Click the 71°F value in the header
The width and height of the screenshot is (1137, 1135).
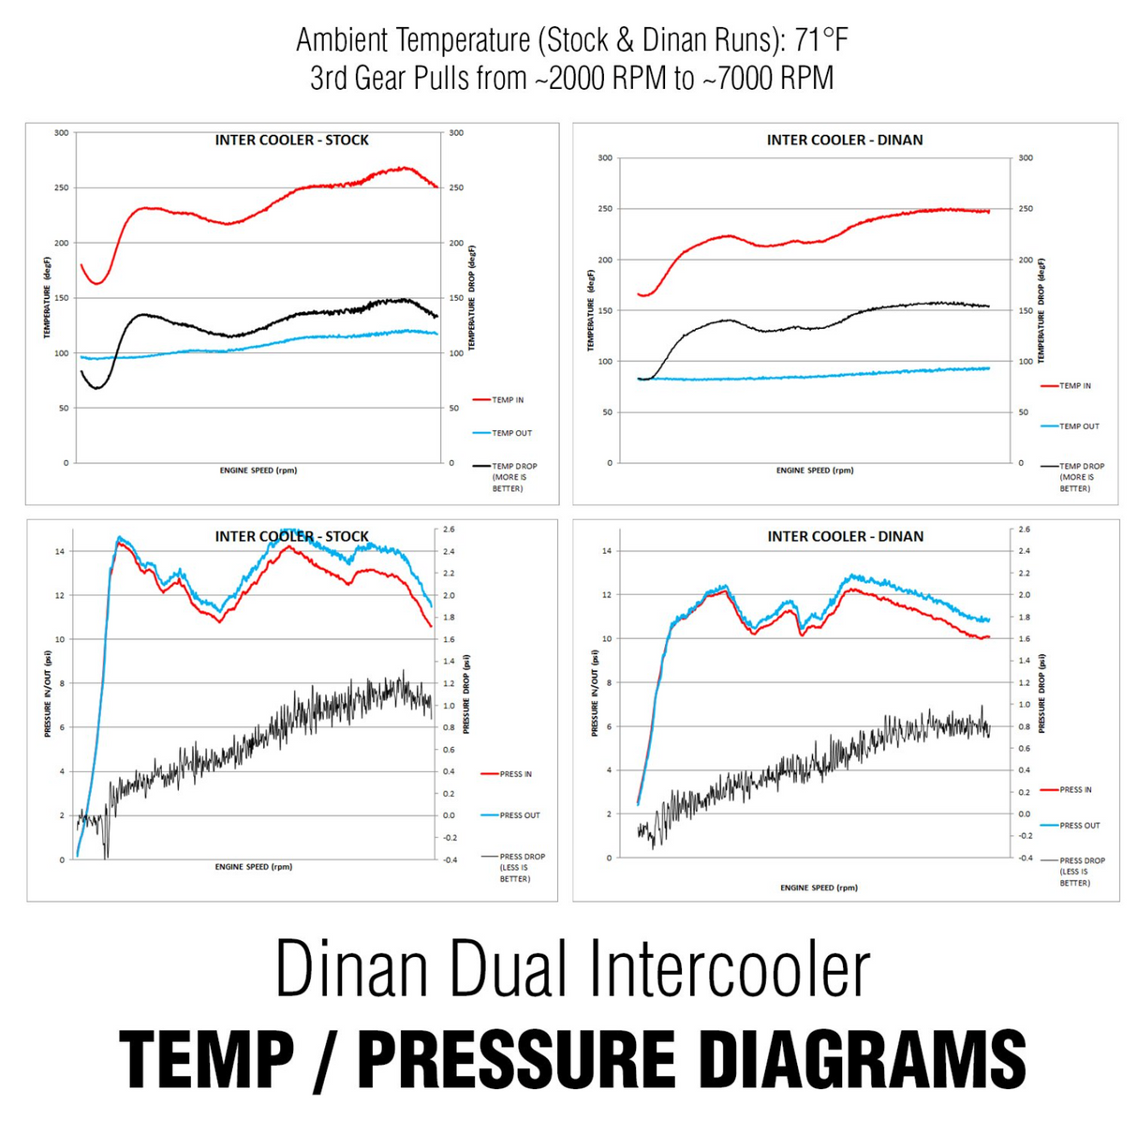click(x=820, y=40)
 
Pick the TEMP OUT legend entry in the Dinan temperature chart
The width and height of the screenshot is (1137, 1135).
click(x=1071, y=426)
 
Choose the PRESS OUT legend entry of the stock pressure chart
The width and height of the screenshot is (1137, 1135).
click(x=511, y=815)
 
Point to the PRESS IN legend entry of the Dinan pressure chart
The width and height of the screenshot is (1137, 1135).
click(x=1066, y=789)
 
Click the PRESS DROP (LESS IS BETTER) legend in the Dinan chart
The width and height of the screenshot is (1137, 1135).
click(x=1073, y=872)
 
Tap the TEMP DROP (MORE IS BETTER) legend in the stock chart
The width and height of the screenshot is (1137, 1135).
click(x=505, y=477)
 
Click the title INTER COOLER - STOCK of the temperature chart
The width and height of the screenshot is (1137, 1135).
click(x=291, y=140)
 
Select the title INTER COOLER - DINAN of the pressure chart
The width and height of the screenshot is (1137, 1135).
click(x=845, y=536)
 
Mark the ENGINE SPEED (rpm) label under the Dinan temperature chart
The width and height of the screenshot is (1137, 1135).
click(x=815, y=470)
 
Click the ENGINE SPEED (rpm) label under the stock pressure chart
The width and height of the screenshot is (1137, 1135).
click(x=254, y=866)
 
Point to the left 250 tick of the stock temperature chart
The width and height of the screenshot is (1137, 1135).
click(x=62, y=187)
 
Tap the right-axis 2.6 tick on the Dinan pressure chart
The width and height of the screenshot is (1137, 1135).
click(x=1025, y=530)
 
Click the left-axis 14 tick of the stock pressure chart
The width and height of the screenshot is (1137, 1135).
click(x=59, y=551)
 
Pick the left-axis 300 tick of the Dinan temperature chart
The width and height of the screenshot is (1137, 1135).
click(x=605, y=157)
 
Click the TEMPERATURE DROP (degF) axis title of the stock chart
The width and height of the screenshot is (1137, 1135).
click(x=471, y=298)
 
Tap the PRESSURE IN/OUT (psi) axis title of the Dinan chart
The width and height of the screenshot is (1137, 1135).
click(x=594, y=693)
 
